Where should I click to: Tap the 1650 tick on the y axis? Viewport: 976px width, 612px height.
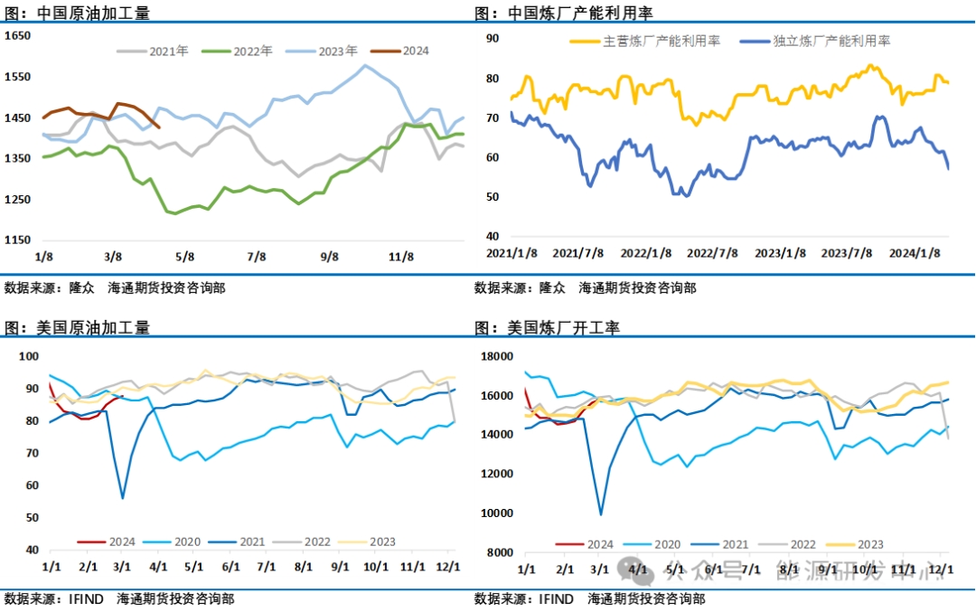coord(19,35)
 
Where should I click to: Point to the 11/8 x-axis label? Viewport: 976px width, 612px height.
coord(401,256)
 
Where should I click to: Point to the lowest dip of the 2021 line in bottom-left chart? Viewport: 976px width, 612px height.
coord(122,498)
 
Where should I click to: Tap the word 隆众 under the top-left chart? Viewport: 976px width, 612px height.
coord(84,288)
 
